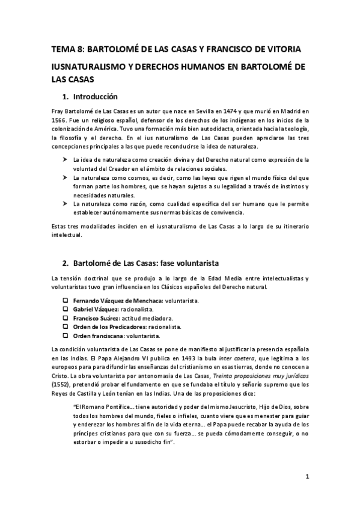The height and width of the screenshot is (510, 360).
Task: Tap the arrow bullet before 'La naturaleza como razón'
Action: tap(65, 204)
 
